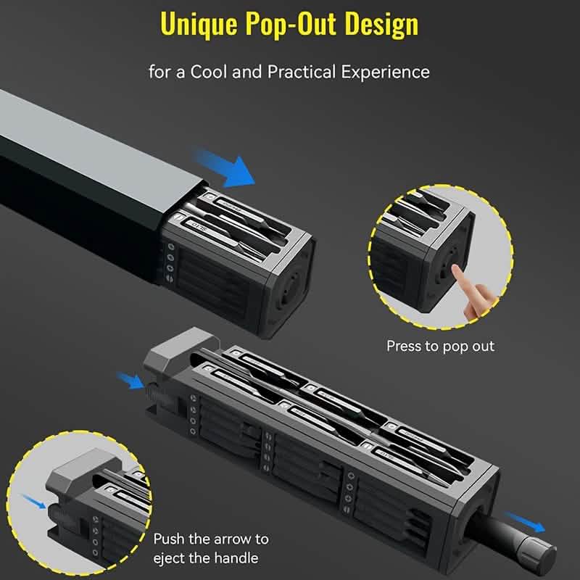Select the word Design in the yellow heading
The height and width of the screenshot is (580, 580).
coord(381,25)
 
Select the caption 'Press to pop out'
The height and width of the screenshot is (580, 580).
coord(440,346)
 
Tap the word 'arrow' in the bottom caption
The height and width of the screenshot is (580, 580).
coord(232,539)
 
